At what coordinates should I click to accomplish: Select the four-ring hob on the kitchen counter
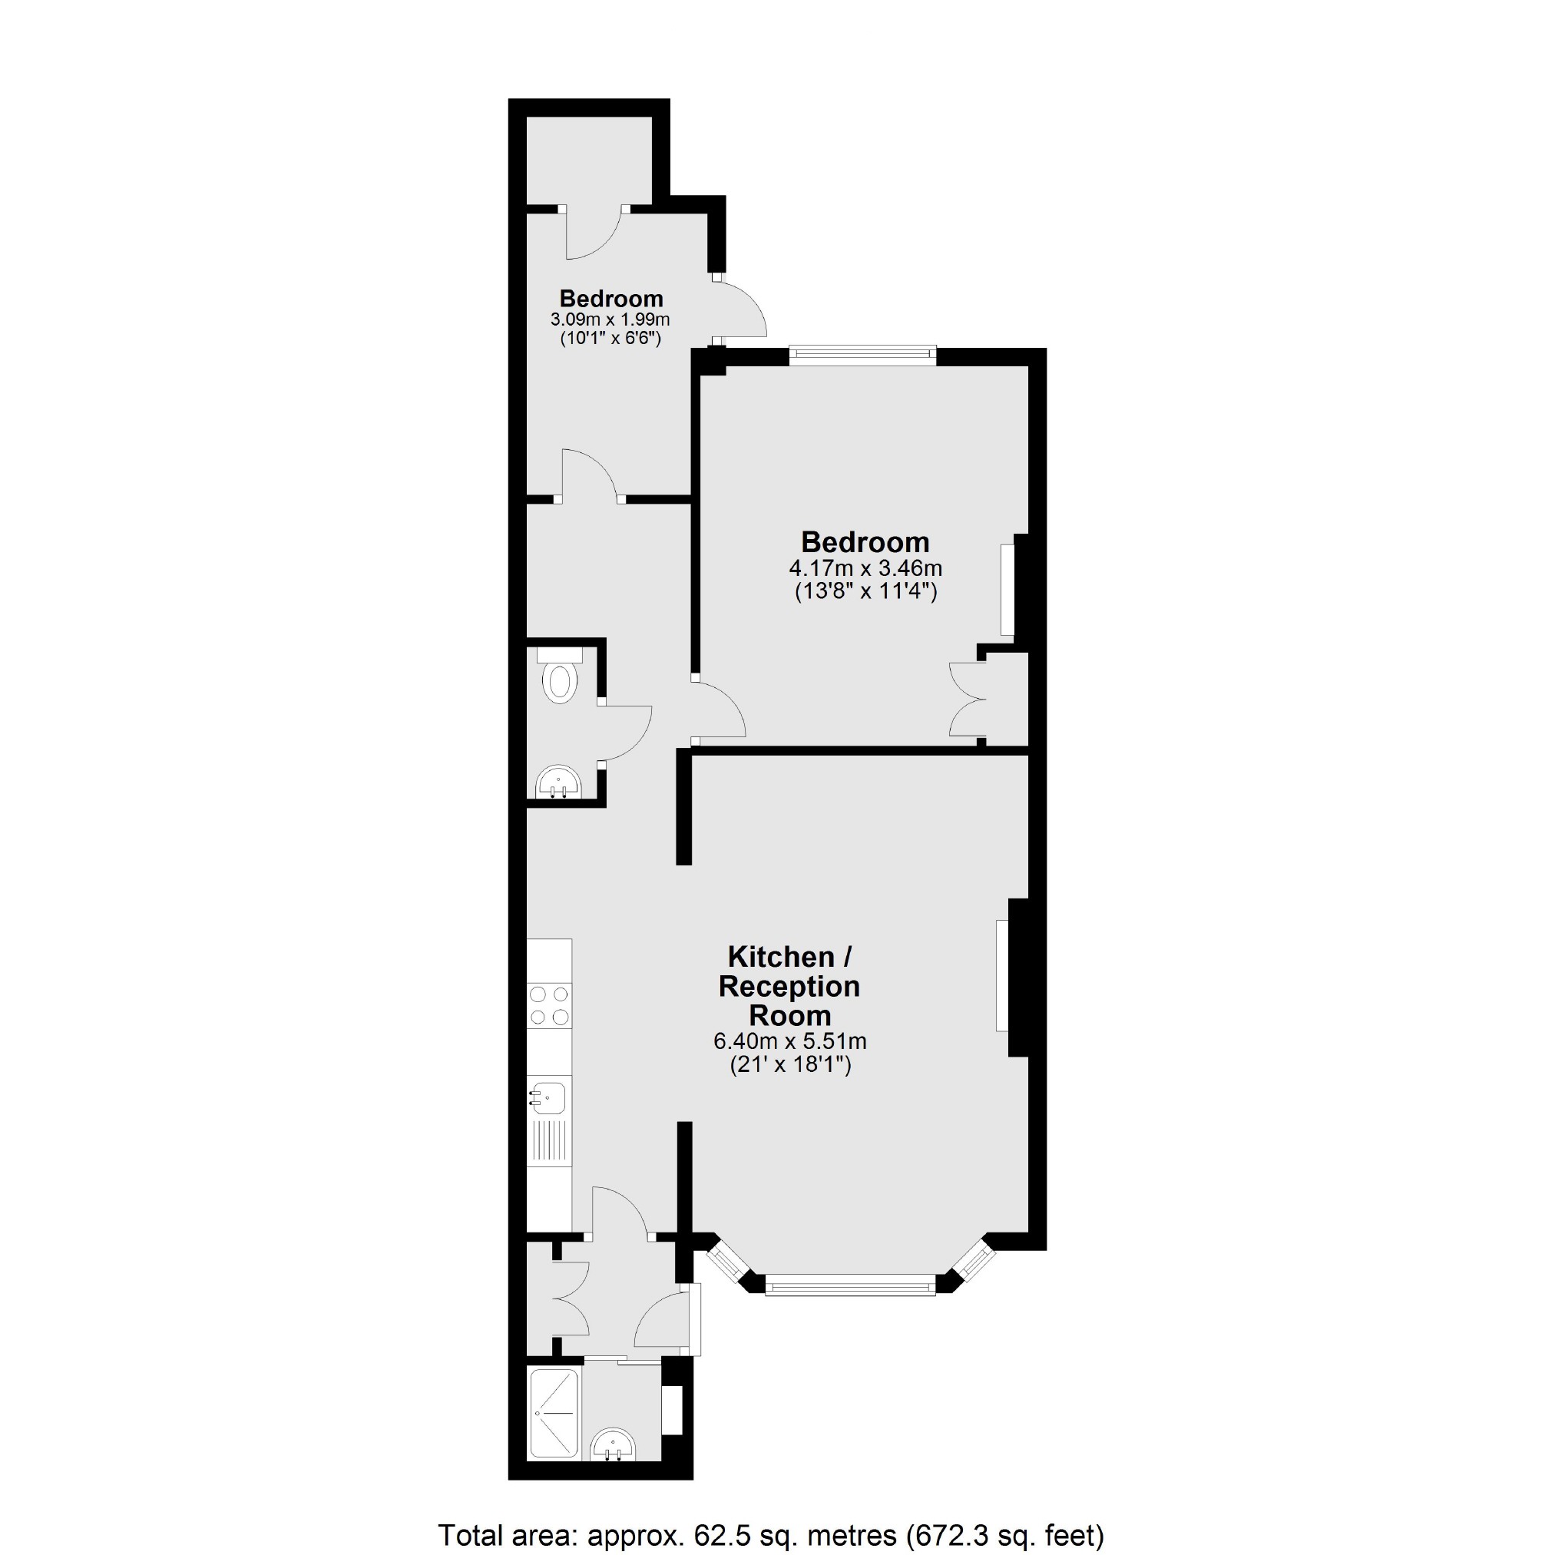549,1006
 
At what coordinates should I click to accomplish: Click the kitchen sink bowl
550,1097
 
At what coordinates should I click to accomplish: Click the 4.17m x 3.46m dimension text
865,568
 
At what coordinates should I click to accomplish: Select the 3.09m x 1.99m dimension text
610,319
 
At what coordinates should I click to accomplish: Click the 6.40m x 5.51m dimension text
789,1041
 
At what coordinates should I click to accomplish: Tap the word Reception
789,986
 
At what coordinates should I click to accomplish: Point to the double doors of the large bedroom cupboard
968,700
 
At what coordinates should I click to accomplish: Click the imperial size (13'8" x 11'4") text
865,592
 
